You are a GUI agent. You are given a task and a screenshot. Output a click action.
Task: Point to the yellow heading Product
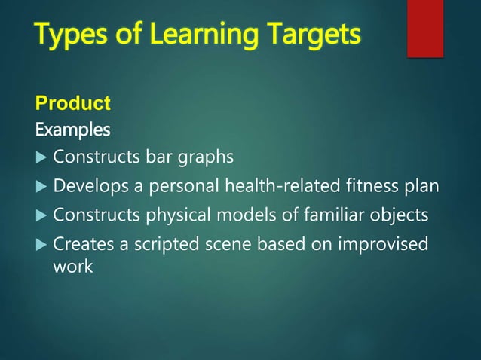click(73, 102)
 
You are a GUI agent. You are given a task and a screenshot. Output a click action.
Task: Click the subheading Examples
click(72, 130)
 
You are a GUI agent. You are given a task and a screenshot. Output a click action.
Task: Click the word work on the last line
click(73, 266)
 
